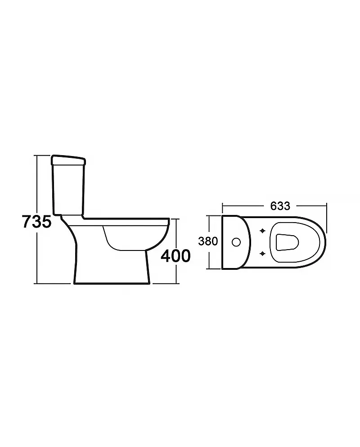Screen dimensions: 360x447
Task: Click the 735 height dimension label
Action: tap(37, 221)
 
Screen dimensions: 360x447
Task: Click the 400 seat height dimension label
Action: tap(175, 255)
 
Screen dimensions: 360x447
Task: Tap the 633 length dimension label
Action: tap(280, 206)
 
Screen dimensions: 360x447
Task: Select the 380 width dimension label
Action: tap(208, 241)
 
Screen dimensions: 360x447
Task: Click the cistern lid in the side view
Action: tap(68, 160)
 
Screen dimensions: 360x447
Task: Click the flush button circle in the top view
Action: tap(236, 242)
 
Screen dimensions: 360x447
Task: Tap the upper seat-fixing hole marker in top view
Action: tap(262, 231)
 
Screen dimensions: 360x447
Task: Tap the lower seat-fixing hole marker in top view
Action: tap(262, 253)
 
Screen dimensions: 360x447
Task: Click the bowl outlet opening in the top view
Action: tap(288, 242)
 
